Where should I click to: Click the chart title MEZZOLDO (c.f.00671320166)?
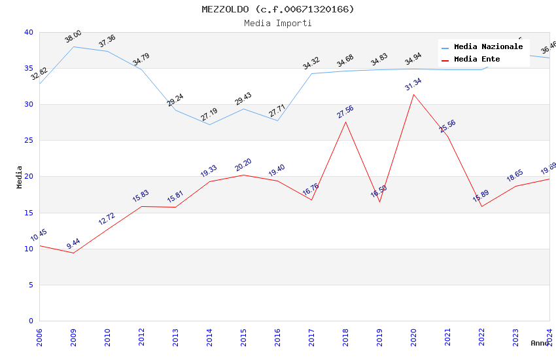click(278, 9)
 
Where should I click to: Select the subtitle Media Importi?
click(278, 23)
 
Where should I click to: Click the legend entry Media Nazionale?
click(488, 47)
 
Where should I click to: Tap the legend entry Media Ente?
click(477, 60)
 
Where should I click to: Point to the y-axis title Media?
click(20, 177)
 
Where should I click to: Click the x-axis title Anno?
click(540, 343)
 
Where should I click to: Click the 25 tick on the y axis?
click(29, 141)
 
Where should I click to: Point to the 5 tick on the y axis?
click(31, 285)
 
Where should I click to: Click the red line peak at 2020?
click(413, 95)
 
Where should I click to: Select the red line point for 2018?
click(345, 122)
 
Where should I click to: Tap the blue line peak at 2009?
click(73, 46)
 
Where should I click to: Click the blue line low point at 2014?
click(209, 124)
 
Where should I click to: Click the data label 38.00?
click(73, 37)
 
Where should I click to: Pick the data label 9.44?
click(73, 244)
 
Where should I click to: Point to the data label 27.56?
click(345, 111)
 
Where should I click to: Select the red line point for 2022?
click(481, 206)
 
